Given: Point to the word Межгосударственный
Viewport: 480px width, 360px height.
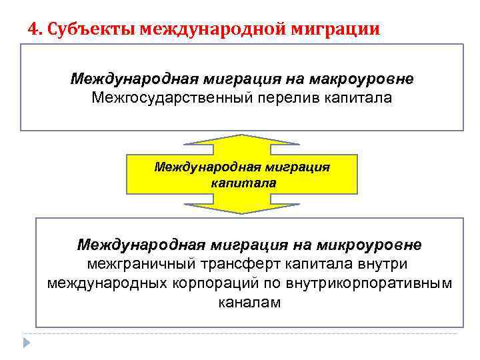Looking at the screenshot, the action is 167,99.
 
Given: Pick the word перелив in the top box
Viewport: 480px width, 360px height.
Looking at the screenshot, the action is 284,99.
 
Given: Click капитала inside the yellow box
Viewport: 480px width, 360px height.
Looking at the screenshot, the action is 243,181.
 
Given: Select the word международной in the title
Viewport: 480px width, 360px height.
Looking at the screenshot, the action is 210,30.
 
